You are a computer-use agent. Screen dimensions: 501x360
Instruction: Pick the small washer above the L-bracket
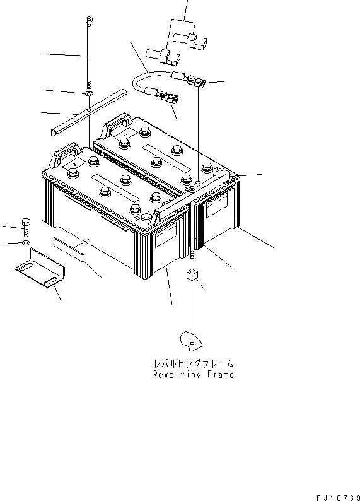[25, 242]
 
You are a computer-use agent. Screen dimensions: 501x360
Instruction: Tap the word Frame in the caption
[219, 375]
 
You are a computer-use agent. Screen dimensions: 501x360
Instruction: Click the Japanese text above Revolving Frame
[194, 364]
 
